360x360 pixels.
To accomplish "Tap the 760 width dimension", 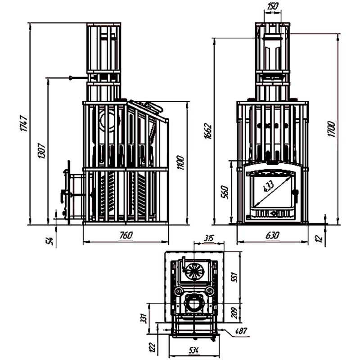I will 126,235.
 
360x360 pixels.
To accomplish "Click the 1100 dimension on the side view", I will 181,162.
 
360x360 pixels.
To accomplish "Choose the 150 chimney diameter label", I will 273,6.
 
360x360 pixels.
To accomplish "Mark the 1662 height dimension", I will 208,130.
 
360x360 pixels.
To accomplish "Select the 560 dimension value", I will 225,192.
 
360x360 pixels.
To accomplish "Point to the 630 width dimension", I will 272,235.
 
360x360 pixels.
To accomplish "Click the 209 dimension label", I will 233,312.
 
